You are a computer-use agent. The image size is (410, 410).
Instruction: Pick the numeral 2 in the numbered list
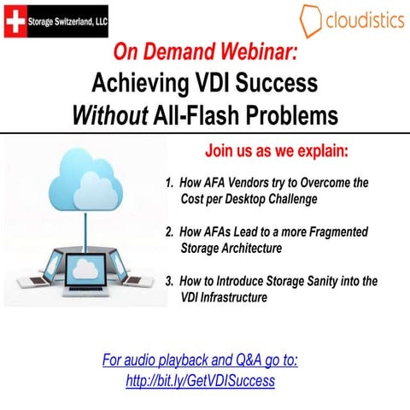point(169,231)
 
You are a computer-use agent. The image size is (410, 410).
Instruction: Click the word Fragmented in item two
point(348,231)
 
